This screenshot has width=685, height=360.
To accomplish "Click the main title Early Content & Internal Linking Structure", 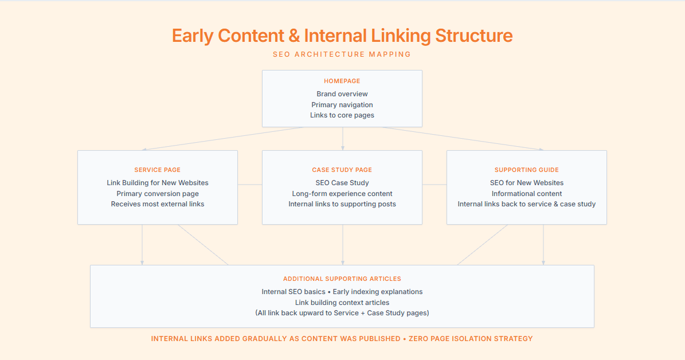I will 342,36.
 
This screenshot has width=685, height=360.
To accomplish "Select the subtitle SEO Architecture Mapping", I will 342,54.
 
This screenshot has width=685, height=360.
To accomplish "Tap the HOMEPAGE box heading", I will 342,81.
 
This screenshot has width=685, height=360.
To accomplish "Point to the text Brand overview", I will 342,94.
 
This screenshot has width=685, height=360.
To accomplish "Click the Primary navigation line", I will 342,105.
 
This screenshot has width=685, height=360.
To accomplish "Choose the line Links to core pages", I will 342,115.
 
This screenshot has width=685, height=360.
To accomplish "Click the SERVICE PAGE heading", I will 158,170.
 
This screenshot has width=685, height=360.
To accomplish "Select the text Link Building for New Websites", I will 158,183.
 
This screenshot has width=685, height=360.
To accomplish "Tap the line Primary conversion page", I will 158,194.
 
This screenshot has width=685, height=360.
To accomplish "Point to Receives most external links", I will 158,204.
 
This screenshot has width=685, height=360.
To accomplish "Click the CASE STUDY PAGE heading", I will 342,170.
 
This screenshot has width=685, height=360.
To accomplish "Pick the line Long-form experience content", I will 342,194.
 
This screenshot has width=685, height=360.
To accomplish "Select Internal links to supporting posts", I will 342,204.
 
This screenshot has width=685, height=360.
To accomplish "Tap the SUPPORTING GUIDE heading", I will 527,170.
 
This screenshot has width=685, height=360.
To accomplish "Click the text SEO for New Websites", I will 527,183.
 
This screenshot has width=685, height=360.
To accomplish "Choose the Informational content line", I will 527,194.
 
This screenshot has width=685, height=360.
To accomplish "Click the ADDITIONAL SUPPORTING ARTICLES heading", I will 342,279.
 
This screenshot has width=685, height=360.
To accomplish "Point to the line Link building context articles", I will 342,303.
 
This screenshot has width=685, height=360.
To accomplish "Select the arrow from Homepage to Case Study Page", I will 343,139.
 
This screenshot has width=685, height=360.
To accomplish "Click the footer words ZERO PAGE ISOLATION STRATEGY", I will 471,339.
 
